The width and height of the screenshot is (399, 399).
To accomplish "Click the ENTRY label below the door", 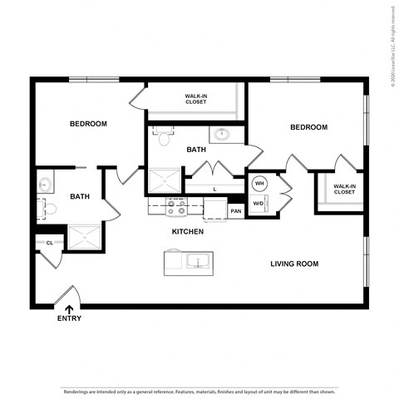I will pyautogui.click(x=69, y=318).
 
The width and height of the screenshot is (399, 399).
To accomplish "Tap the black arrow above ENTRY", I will pyautogui.click(x=68, y=308).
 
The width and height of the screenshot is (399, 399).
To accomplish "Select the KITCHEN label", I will pyautogui.click(x=187, y=232).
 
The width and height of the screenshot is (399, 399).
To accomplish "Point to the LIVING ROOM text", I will pyautogui.click(x=294, y=264).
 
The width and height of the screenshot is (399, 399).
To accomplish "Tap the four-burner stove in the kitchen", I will pyautogui.click(x=175, y=206).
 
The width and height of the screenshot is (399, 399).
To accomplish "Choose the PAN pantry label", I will pyautogui.click(x=236, y=211).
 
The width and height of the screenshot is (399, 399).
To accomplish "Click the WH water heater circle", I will pyautogui.click(x=259, y=184).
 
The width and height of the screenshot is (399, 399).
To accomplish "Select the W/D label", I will pyautogui.click(x=258, y=204).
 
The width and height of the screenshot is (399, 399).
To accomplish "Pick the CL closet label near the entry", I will pyautogui.click(x=49, y=243).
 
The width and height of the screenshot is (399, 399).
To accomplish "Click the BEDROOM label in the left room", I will pyautogui.click(x=88, y=124).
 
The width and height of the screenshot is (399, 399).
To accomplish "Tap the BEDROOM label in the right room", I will pyautogui.click(x=308, y=127).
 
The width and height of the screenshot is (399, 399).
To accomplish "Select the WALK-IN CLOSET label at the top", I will pyautogui.click(x=196, y=99).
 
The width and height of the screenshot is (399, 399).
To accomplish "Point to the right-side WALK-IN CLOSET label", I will pyautogui.click(x=344, y=189).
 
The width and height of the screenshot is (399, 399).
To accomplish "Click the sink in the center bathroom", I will pyautogui.click(x=222, y=134).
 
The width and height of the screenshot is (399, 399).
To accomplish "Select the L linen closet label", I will pyautogui.click(x=214, y=190).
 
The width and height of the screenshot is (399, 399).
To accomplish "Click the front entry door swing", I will pyautogui.click(x=69, y=295).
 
